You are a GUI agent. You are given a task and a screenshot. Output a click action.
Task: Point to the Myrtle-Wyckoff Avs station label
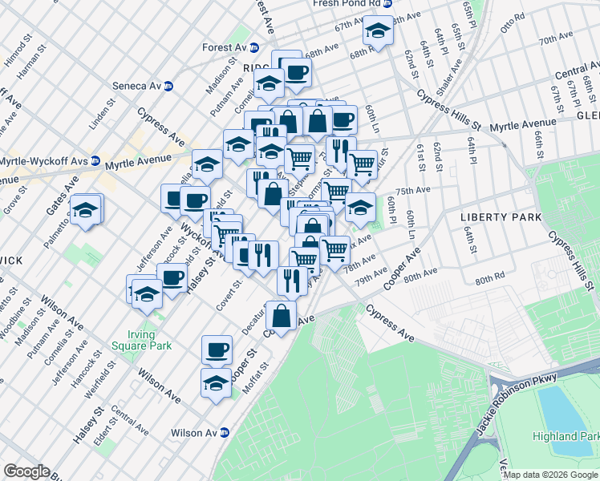pyautogui.click(x=44, y=160)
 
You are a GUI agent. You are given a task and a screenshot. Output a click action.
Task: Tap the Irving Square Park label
pyautogui.click(x=148, y=340)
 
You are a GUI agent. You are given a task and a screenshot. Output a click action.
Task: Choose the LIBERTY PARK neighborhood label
pyautogui.click(x=493, y=217)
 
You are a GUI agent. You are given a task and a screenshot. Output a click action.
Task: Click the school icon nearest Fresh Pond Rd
pyautogui.click(x=377, y=31)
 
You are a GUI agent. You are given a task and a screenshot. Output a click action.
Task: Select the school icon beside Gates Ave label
pyautogui.click(x=85, y=210)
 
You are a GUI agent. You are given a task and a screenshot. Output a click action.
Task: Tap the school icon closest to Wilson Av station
pyautogui.click(x=216, y=382)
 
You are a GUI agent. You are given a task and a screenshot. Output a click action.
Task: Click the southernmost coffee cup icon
pyautogui.click(x=217, y=349)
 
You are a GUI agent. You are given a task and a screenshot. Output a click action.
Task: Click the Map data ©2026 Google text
pyautogui.click(x=550, y=475)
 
